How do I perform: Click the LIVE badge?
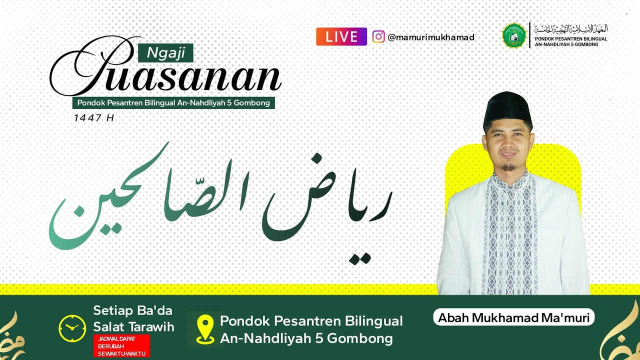(x=341, y=36)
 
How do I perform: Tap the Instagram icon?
(x=378, y=37)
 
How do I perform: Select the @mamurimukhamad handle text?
(x=431, y=37)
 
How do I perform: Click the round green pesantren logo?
(x=514, y=35)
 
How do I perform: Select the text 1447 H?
(x=94, y=118)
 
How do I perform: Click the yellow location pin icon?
(x=205, y=329)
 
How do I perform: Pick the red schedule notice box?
(x=121, y=346)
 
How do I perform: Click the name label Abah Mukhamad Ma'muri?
(x=513, y=317)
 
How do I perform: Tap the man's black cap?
(x=507, y=107)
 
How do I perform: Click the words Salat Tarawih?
(x=133, y=327)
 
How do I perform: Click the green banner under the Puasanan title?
(x=173, y=103)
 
